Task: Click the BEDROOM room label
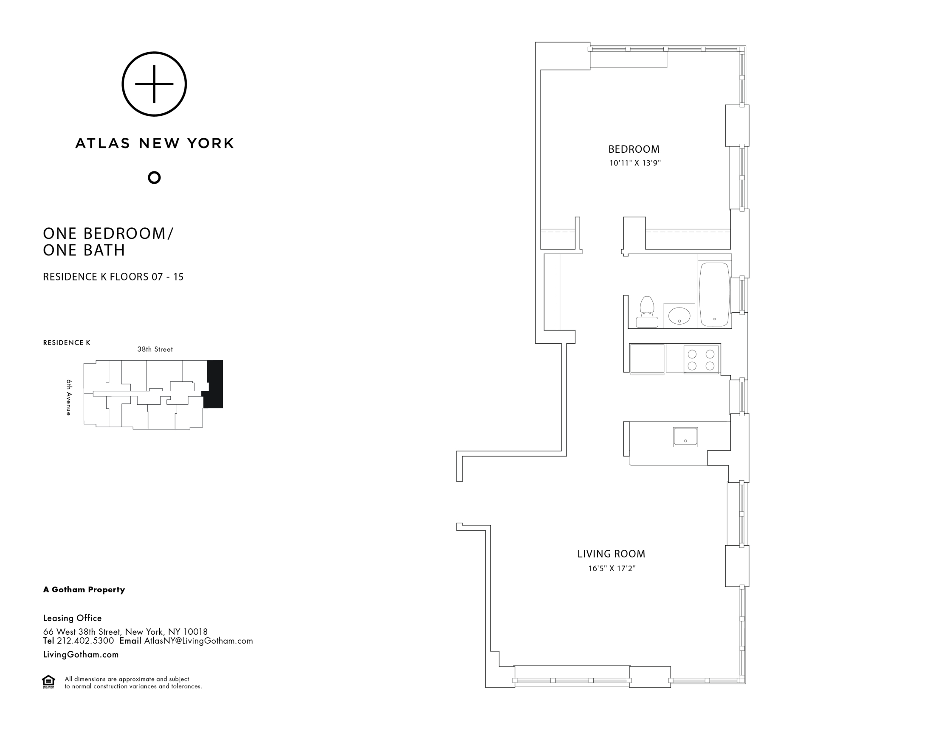(634, 149)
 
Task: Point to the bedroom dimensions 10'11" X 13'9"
(635, 163)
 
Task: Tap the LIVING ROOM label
(611, 554)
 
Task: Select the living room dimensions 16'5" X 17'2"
(612, 569)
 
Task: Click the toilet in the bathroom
(646, 312)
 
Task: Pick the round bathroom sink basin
(679, 316)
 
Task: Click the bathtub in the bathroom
(714, 295)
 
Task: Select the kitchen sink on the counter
(685, 437)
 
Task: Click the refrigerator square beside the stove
(647, 358)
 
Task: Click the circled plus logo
(154, 84)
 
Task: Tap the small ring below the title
(154, 178)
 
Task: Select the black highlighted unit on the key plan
(215, 384)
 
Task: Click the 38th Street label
(155, 349)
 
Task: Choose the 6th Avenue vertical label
(69, 398)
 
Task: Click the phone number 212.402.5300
(85, 641)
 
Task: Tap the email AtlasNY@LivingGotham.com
(198, 641)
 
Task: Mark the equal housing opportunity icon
(48, 682)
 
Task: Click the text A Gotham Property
(84, 590)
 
